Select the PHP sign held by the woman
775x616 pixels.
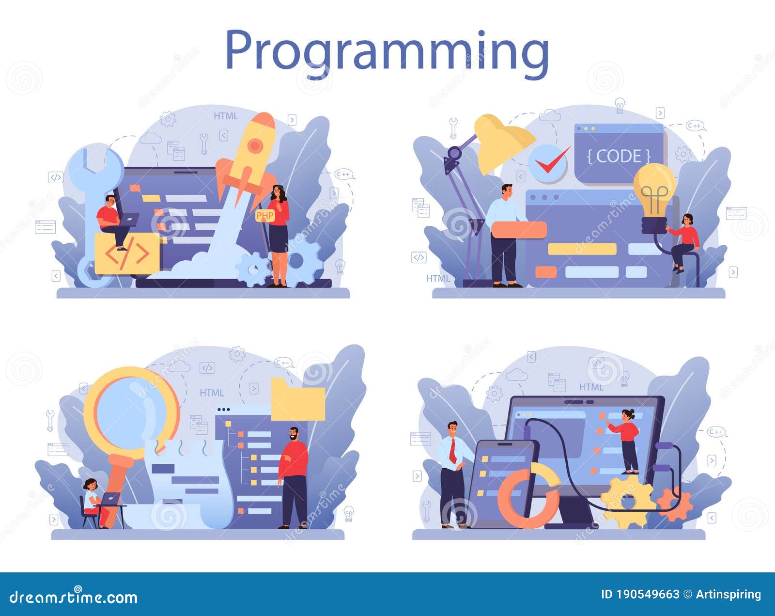[x=265, y=216]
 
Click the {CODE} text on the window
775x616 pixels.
[x=619, y=156]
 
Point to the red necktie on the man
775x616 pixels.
[x=453, y=451]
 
